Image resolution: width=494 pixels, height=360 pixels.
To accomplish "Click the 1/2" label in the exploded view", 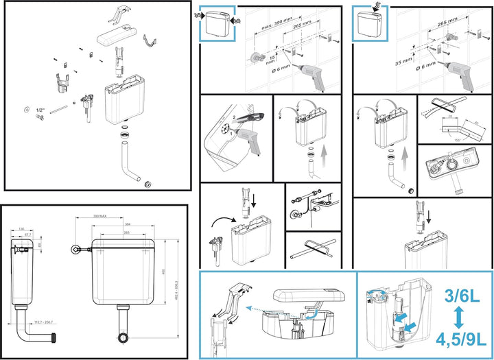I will tap(40, 110).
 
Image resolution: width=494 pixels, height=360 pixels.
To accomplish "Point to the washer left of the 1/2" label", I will tap(26, 109).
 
